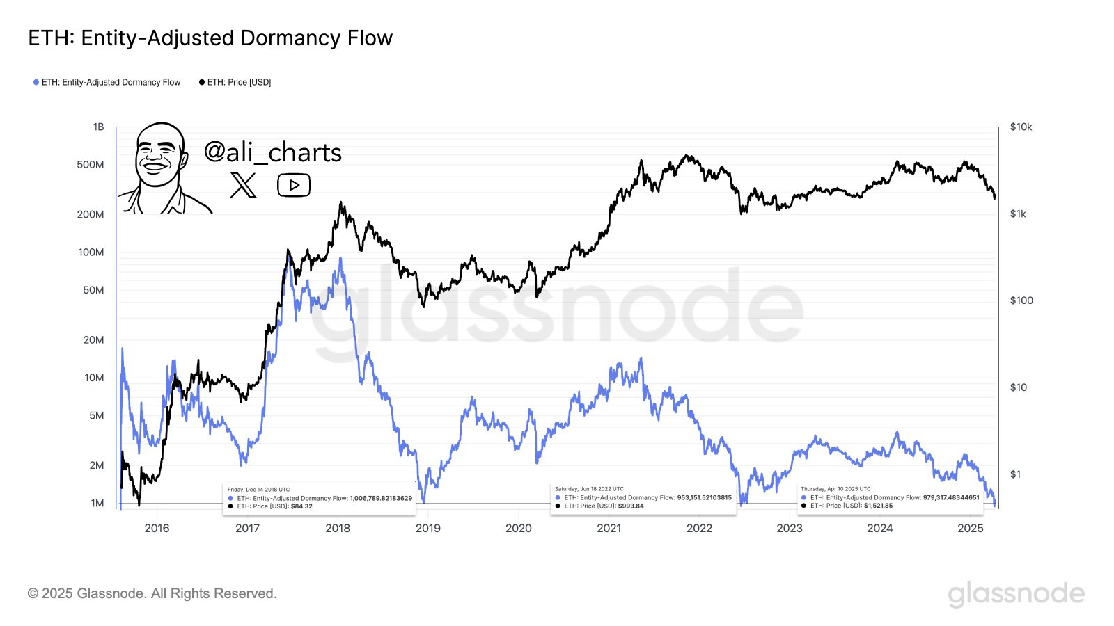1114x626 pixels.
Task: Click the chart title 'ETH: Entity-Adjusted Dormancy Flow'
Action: click(210, 38)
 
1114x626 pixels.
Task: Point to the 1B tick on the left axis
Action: click(98, 127)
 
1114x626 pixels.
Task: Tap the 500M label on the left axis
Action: click(91, 165)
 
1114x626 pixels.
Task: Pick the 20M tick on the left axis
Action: click(93, 340)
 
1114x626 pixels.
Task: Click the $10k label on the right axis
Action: click(1021, 127)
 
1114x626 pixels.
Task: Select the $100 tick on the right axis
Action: click(1021, 300)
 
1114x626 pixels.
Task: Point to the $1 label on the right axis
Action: click(1015, 474)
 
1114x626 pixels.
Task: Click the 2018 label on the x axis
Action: click(338, 529)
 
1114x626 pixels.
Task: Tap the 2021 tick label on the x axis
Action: click(609, 529)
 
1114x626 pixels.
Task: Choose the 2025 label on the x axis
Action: click(970, 529)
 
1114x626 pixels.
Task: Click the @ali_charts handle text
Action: click(272, 152)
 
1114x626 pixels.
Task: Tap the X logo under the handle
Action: click(243, 185)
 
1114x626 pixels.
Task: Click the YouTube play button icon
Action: click(294, 185)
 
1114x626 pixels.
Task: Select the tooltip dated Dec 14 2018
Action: click(320, 498)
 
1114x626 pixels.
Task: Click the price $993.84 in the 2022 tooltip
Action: click(630, 506)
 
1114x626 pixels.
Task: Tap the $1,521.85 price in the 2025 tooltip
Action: click(878, 506)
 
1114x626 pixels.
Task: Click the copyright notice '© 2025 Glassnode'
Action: click(152, 593)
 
